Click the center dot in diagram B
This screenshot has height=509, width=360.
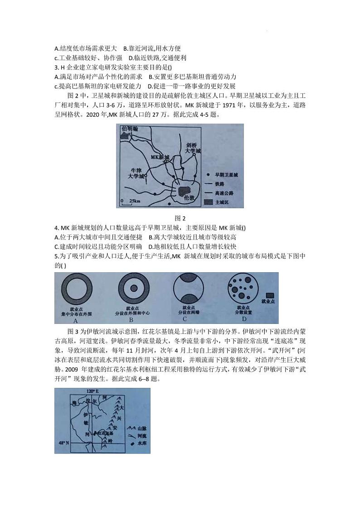[133, 288]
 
